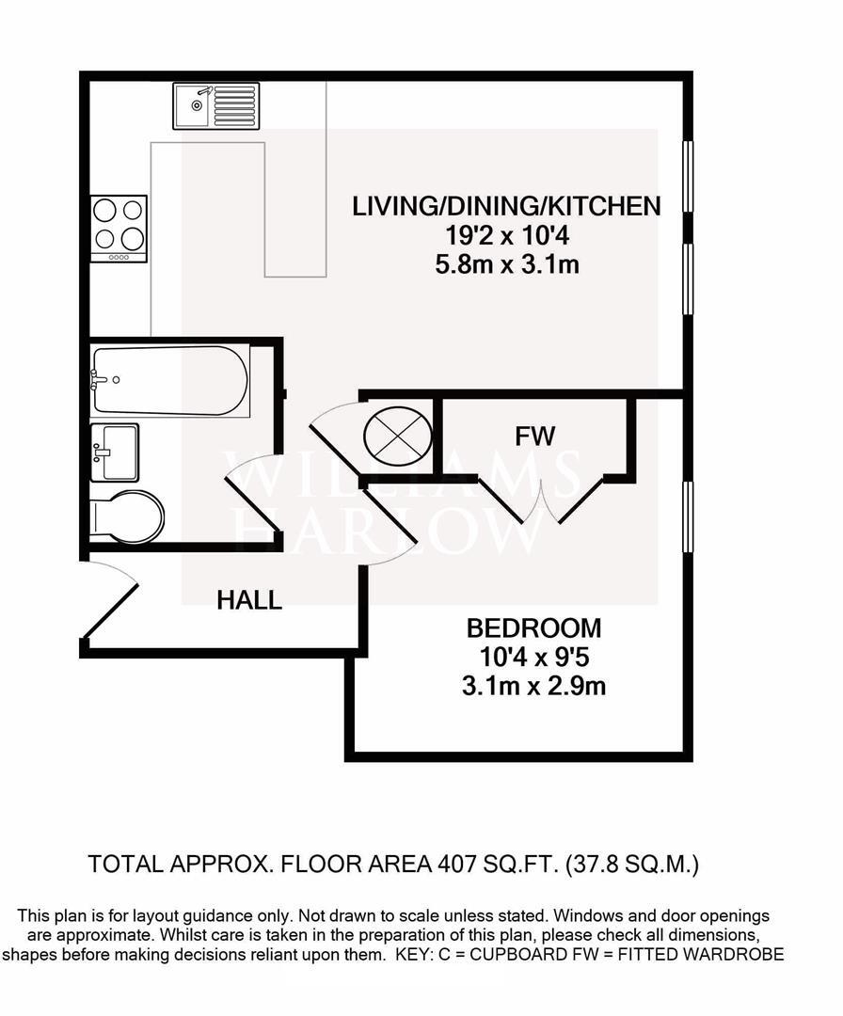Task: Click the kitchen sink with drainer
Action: point(215,105)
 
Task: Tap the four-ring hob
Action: point(119,228)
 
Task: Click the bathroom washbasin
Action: point(115,452)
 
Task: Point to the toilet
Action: point(130,516)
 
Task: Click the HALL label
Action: point(249,600)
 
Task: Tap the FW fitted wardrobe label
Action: point(535,436)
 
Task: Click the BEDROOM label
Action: point(533,627)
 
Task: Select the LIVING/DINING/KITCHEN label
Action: point(506,206)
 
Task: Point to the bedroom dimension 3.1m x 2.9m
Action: point(533,687)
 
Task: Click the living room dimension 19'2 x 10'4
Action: point(506,236)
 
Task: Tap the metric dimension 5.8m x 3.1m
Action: point(506,265)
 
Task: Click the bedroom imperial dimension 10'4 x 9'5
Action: point(533,658)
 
